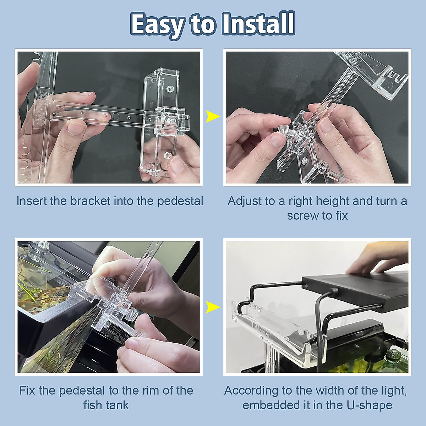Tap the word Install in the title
click(258, 24)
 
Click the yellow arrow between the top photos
click(213, 116)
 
